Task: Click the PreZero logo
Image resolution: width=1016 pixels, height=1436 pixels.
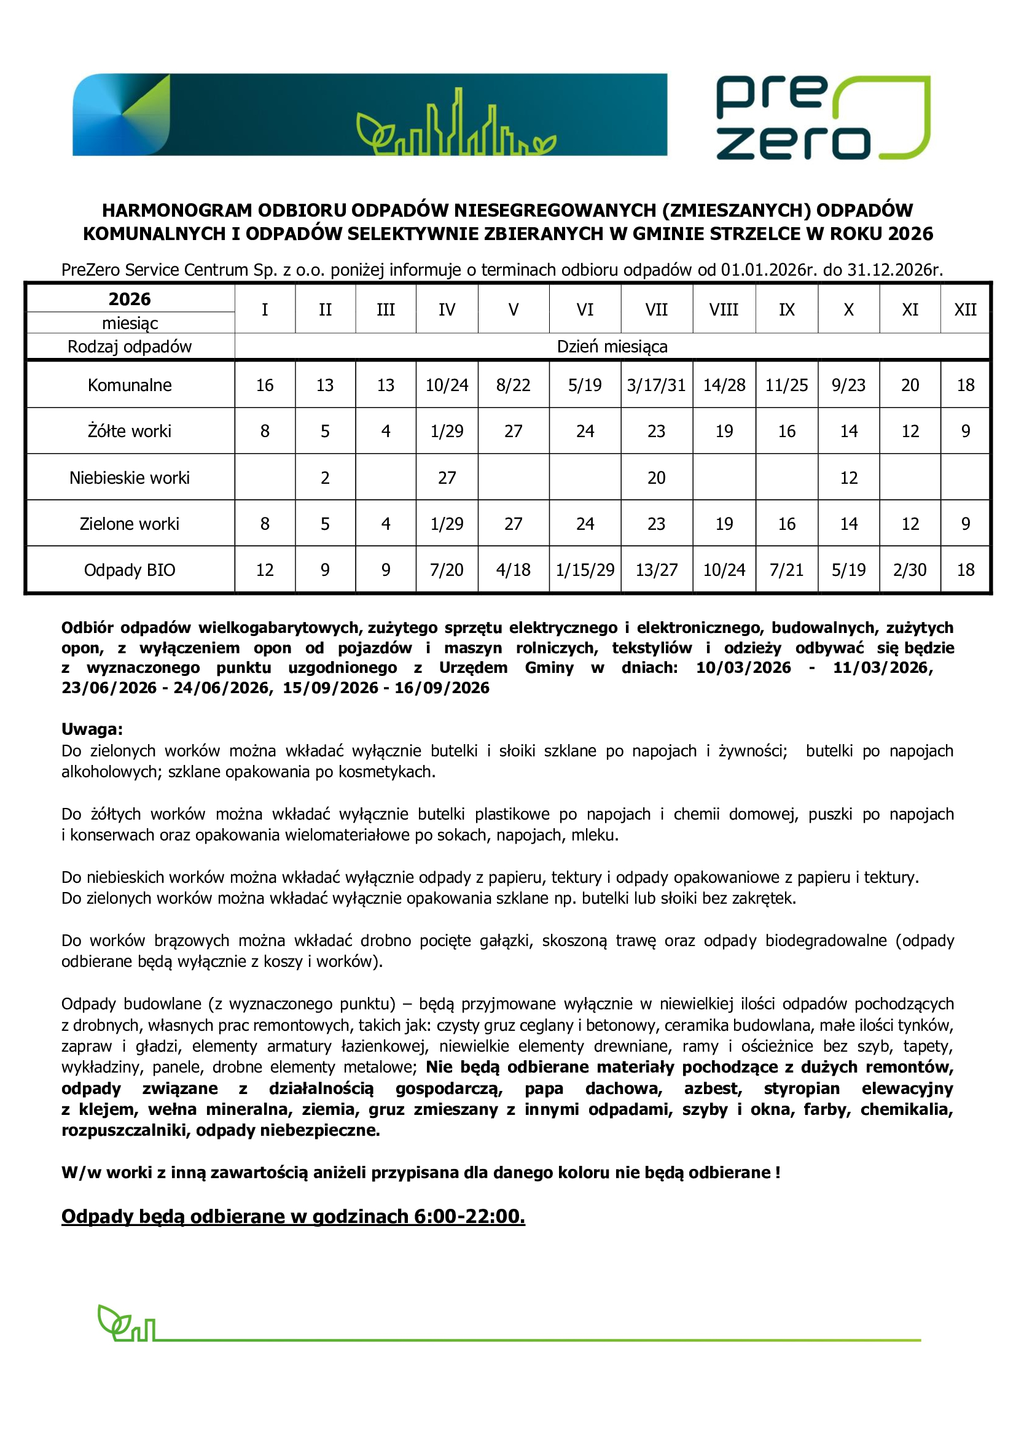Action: click(x=822, y=118)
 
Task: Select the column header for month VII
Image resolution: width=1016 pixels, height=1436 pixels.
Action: click(x=656, y=309)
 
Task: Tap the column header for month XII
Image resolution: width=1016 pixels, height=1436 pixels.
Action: click(x=964, y=309)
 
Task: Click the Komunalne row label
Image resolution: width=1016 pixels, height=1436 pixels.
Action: click(x=130, y=386)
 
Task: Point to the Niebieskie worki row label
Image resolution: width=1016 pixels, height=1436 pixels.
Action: click(x=130, y=478)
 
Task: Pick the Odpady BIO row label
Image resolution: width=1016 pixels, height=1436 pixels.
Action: click(x=130, y=570)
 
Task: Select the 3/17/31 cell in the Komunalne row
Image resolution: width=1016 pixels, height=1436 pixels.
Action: click(x=656, y=386)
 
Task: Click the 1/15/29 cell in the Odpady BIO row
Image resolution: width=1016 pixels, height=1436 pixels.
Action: click(x=585, y=570)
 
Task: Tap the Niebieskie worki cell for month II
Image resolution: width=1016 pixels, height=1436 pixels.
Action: click(x=326, y=478)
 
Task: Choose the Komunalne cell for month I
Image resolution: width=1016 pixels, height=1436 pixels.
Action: click(x=265, y=386)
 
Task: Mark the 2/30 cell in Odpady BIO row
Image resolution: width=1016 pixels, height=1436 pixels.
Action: click(x=910, y=570)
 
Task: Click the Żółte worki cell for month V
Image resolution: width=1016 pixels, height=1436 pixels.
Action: click(x=513, y=432)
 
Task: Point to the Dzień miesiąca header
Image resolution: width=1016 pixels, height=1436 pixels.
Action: click(x=612, y=346)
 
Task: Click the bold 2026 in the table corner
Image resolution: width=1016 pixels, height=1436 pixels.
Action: click(x=130, y=299)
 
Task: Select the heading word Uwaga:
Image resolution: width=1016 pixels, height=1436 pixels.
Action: click(x=92, y=729)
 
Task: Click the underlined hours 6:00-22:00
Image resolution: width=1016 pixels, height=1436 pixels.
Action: click(x=469, y=1216)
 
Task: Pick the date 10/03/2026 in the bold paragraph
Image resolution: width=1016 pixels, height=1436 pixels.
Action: click(x=743, y=668)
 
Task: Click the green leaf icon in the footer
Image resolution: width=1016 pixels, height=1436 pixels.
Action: click(x=113, y=1322)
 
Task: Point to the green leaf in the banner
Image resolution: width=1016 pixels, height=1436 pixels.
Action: click(x=374, y=133)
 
